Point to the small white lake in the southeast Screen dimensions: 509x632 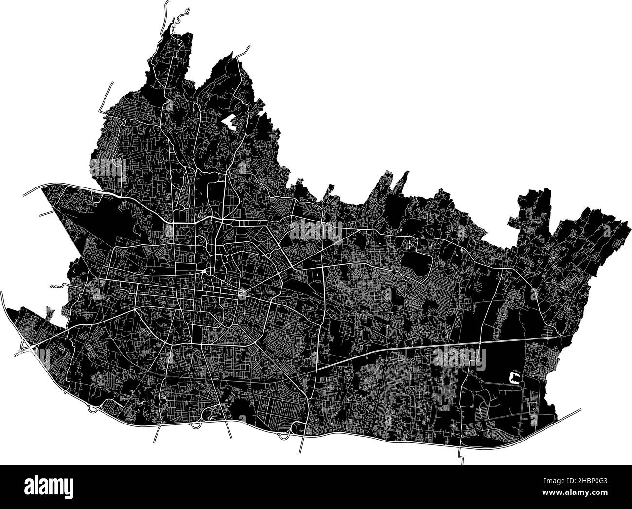click(x=513, y=377)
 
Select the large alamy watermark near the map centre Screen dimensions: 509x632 click(x=316, y=229)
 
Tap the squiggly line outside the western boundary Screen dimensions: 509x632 click(x=56, y=286)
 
